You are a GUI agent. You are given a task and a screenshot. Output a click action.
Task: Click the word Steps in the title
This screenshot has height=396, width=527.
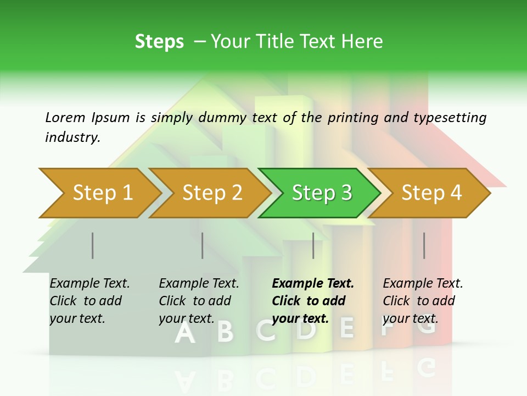159,42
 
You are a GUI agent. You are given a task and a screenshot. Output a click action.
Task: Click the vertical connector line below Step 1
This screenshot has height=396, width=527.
93,245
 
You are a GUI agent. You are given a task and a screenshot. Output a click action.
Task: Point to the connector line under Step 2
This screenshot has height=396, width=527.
203,245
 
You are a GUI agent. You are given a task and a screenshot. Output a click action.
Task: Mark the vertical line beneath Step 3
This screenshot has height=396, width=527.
313,245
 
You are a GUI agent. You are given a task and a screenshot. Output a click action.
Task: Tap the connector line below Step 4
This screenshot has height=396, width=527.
424,245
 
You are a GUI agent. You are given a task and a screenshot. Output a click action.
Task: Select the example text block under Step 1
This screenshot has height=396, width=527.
89,301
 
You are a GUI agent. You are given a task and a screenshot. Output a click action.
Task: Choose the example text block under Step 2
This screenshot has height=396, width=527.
199,301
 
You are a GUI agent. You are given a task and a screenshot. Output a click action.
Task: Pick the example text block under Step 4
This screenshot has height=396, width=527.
423,301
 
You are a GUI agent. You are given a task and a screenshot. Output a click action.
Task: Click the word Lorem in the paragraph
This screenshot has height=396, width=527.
65,117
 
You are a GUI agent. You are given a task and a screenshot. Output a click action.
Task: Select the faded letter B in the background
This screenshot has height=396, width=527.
225,332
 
